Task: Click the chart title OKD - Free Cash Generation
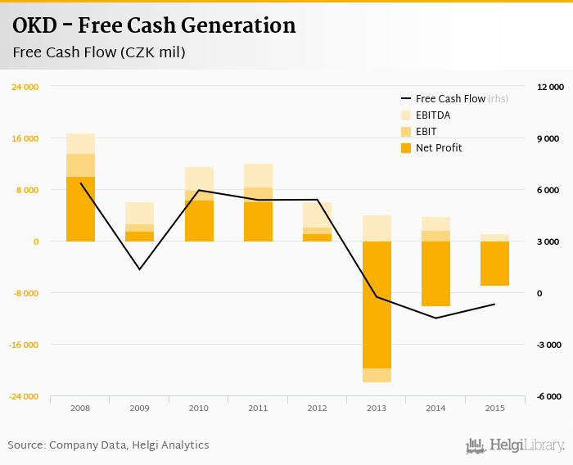click(154, 26)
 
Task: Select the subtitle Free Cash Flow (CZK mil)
click(99, 53)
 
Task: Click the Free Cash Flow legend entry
click(449, 98)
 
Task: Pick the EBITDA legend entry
click(433, 115)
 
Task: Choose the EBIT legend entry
click(426, 131)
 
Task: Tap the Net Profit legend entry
click(439, 147)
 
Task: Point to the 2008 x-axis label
click(80, 408)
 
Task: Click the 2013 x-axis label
click(377, 408)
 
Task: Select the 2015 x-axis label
click(494, 408)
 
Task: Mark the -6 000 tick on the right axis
click(550, 396)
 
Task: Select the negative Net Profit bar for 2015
click(494, 264)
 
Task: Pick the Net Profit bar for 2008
click(80, 209)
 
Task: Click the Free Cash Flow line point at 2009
click(139, 269)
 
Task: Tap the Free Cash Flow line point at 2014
click(435, 318)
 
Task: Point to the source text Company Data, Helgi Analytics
click(129, 445)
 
